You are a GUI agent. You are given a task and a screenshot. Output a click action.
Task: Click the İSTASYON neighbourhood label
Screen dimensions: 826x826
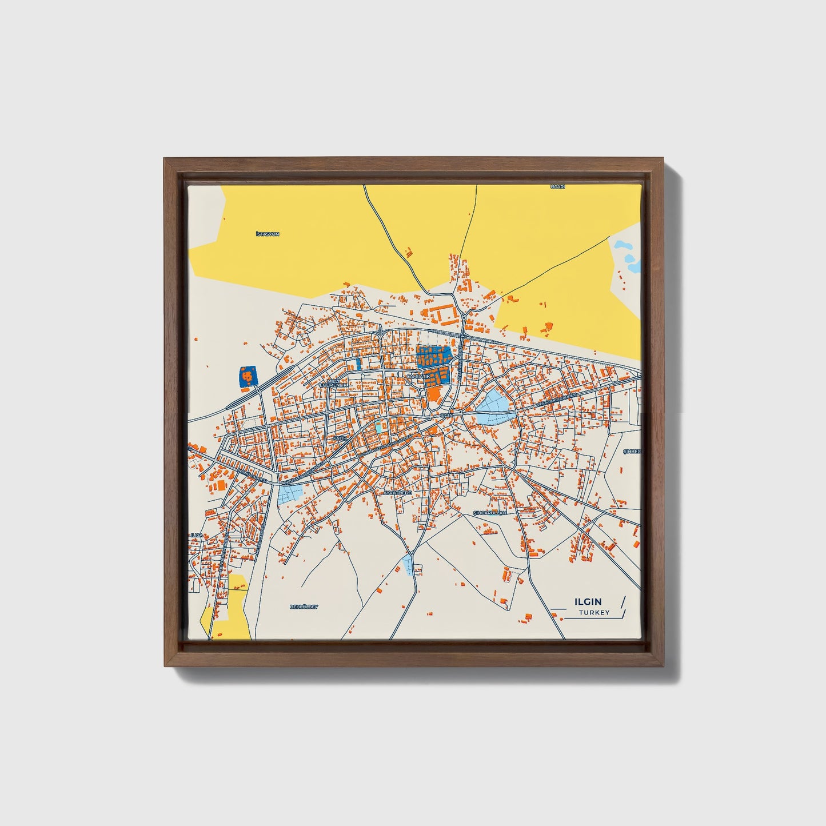pyautogui.click(x=268, y=234)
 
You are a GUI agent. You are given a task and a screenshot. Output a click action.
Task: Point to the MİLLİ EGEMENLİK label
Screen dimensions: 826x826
pyautogui.click(x=337, y=384)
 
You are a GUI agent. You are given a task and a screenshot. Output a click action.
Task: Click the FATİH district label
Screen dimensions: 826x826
pyautogui.click(x=341, y=438)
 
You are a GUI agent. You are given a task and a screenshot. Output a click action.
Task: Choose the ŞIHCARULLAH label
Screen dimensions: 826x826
pyautogui.click(x=490, y=513)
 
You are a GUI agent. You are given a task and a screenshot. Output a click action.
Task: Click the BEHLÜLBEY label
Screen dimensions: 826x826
pyautogui.click(x=304, y=606)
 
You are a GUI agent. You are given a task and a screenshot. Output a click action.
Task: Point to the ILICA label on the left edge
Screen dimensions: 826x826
pyautogui.click(x=197, y=536)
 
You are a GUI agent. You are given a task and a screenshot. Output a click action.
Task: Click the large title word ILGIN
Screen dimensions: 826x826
pyautogui.click(x=588, y=601)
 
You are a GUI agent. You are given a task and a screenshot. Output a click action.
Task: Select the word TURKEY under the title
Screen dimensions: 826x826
pyautogui.click(x=594, y=613)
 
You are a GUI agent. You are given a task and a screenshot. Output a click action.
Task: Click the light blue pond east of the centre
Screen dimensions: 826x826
pyautogui.click(x=492, y=409)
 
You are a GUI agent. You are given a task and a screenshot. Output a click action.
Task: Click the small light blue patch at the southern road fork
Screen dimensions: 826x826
pyautogui.click(x=408, y=565)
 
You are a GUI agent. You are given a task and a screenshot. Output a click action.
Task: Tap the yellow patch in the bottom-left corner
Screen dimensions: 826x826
pyautogui.click(x=228, y=609)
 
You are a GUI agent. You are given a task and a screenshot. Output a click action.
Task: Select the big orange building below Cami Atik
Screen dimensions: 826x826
pyautogui.click(x=434, y=394)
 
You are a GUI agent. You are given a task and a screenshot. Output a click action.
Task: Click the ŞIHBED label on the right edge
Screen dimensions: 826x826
pyautogui.click(x=632, y=452)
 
